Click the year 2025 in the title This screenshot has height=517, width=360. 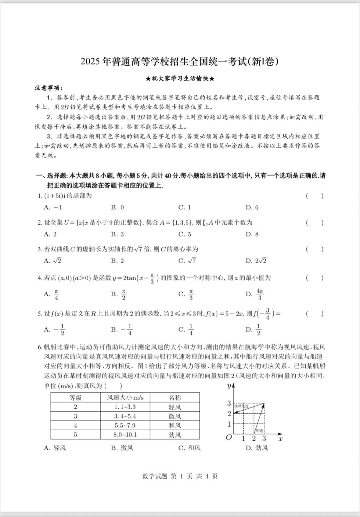[x=90, y=62]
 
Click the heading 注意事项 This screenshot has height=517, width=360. [x=49, y=88]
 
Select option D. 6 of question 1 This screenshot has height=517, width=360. [x=252, y=208]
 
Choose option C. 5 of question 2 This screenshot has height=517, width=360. [x=185, y=234]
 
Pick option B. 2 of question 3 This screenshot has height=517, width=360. [x=117, y=261]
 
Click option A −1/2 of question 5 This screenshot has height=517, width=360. [x=55, y=330]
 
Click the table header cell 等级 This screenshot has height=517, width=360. [x=75, y=398]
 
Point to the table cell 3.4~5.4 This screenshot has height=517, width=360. [x=125, y=416]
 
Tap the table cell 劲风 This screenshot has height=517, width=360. [x=175, y=435]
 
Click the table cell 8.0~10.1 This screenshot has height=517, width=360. [x=125, y=435]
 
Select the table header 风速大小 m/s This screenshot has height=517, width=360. [x=125, y=398]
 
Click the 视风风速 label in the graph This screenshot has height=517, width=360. [x=241, y=406]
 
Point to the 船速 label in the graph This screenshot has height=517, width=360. [x=259, y=431]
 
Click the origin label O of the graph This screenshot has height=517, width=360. [x=229, y=437]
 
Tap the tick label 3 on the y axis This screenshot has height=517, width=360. [x=229, y=403]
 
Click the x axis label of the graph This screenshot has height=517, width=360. [x=281, y=439]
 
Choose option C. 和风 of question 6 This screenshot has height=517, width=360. [x=189, y=448]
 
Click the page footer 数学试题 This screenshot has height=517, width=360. [x=155, y=476]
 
